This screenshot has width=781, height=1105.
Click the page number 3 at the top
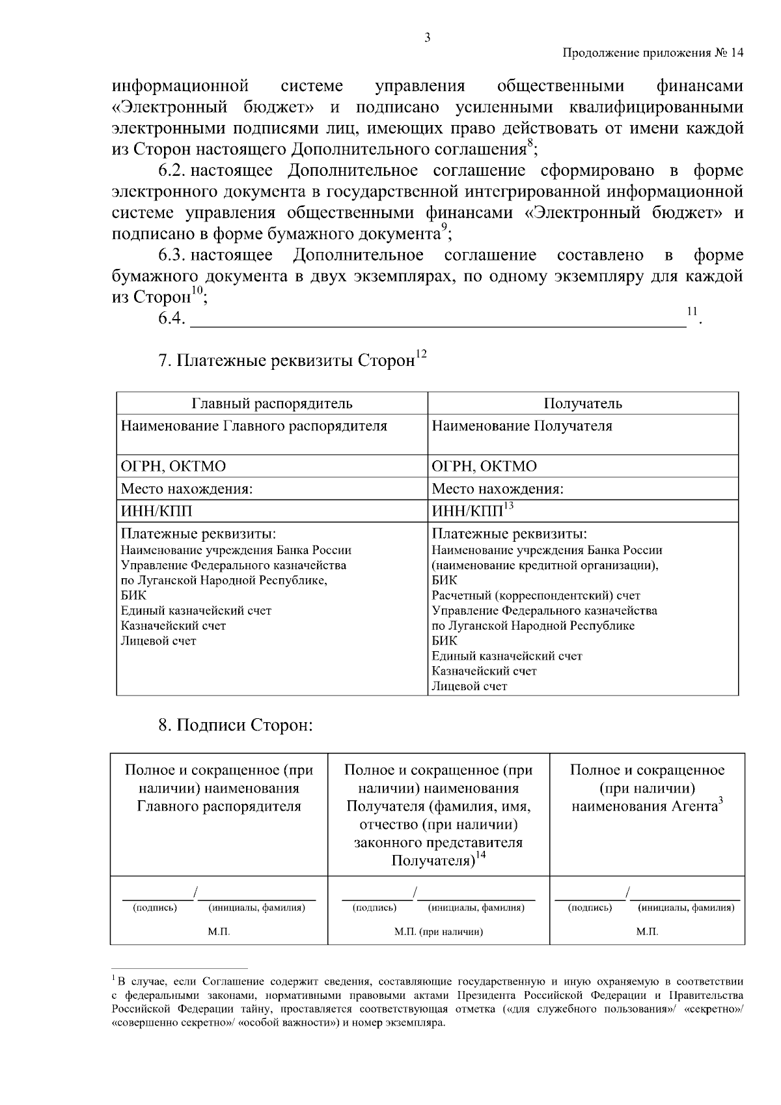[427, 37]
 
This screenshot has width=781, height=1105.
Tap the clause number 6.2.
[173, 171]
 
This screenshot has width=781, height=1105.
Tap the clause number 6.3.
[173, 255]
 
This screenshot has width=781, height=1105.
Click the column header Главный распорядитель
[272, 404]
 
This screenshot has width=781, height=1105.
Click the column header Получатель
[582, 404]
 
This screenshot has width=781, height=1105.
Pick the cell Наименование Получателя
[522, 427]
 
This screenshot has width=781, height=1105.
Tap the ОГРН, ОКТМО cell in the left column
[174, 466]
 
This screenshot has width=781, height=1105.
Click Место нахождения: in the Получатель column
[498, 489]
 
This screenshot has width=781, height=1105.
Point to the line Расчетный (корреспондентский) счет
[536, 596]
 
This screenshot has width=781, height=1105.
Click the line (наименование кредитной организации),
[545, 565]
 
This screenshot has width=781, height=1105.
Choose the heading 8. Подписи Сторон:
[236, 725]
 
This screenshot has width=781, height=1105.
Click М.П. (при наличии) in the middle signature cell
[439, 932]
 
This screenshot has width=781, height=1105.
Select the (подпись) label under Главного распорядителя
[155, 908]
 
